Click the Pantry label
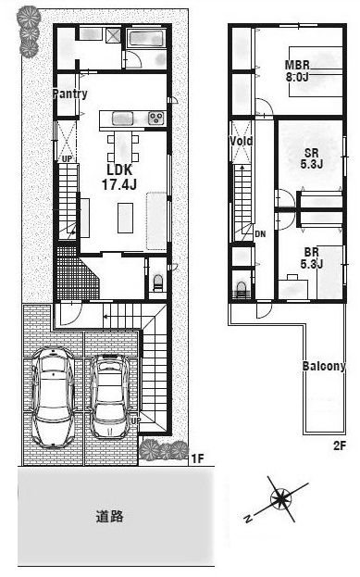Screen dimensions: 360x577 click(69, 94)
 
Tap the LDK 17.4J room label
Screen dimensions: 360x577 click(119, 177)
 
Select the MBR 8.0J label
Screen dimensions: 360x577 click(297, 71)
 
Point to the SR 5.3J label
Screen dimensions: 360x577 click(312, 158)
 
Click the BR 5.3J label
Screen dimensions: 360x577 click(312, 258)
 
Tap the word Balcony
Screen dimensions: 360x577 click(324, 366)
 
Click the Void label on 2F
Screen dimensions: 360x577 click(242, 141)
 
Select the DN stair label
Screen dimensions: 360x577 click(260, 233)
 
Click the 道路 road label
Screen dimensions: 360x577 click(109, 516)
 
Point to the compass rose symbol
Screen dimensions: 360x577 click(280, 499)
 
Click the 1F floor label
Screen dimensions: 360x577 click(197, 458)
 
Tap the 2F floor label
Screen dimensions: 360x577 click(340, 446)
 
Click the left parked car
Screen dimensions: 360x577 click(53, 396)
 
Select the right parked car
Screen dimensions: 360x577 click(110, 396)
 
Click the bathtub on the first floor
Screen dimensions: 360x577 click(146, 38)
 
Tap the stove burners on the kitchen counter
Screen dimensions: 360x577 click(155, 119)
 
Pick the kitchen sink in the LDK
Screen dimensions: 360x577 click(122, 119)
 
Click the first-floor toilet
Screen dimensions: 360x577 click(157, 282)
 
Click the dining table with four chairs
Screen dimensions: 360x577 click(123, 147)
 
